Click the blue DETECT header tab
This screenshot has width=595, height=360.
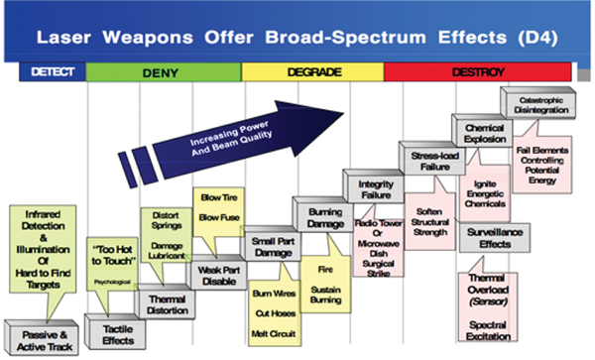click(x=53, y=72)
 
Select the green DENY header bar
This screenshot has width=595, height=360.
click(x=164, y=72)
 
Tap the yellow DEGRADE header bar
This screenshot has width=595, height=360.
click(x=311, y=72)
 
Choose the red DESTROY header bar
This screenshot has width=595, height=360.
click(x=476, y=72)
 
